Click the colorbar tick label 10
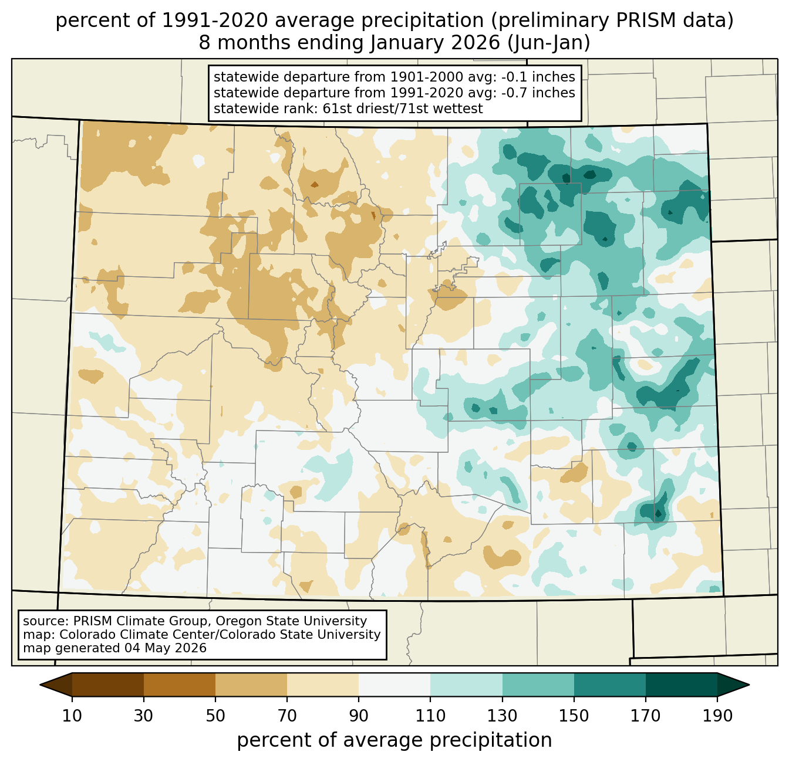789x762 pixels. (72, 716)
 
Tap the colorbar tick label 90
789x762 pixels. (359, 716)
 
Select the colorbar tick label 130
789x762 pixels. (502, 716)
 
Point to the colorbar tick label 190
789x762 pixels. (717, 716)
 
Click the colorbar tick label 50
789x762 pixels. (215, 716)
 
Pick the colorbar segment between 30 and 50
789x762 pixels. (180, 685)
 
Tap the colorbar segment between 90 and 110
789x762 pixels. (394, 685)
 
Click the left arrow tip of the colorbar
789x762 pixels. (40, 685)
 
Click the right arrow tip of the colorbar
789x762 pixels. (749, 685)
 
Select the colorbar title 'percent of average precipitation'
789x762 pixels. (394, 740)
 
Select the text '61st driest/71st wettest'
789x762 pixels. (403, 109)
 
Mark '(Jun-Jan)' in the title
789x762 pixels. (548, 43)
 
